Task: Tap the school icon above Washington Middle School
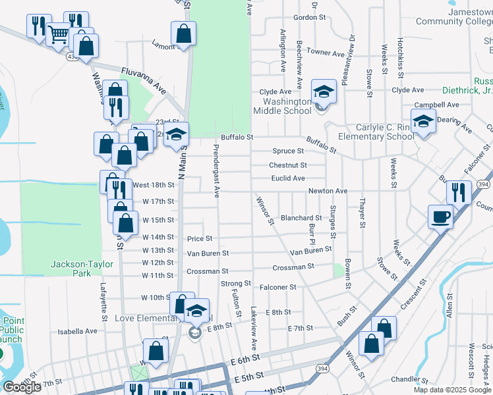(324, 92)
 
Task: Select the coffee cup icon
(440, 216)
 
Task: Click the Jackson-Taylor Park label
(76, 269)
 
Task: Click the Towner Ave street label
(325, 52)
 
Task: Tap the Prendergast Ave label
(216, 171)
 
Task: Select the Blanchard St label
(301, 218)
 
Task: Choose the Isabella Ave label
(78, 332)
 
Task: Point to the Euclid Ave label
(288, 178)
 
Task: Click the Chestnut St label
(287, 165)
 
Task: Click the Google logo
(21, 387)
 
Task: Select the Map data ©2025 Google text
(451, 390)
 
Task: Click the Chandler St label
(405, 380)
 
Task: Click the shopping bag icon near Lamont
(183, 34)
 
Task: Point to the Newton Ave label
(328, 191)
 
